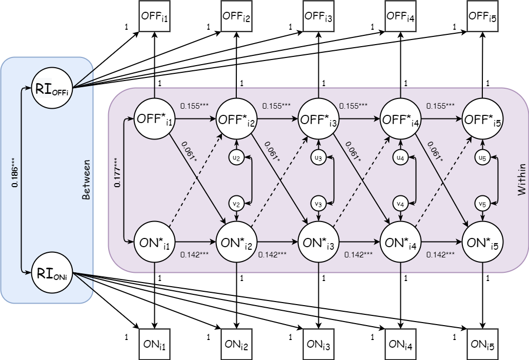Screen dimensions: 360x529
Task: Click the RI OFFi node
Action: [x=52, y=88]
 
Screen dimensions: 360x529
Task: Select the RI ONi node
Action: [x=52, y=272]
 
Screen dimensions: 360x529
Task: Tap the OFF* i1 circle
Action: [x=154, y=119]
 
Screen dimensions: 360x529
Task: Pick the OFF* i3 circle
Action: [x=318, y=119]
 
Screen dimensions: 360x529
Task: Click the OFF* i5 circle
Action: [x=482, y=119]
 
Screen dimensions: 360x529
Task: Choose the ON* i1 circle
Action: [x=154, y=242]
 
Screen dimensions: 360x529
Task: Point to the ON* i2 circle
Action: [x=236, y=242]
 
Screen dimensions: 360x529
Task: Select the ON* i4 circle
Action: [x=400, y=242]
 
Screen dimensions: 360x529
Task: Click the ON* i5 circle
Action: [x=482, y=242]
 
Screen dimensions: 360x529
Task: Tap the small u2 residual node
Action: [x=236, y=158]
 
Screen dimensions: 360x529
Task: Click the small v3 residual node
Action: [x=318, y=204]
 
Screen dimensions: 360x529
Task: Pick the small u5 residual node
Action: [x=482, y=158]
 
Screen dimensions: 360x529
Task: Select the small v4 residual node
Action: [x=400, y=204]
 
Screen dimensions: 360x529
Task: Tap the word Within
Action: [x=521, y=179]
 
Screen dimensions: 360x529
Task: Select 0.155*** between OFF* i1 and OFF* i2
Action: [x=194, y=106]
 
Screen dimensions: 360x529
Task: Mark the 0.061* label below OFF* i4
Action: [x=434, y=151]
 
